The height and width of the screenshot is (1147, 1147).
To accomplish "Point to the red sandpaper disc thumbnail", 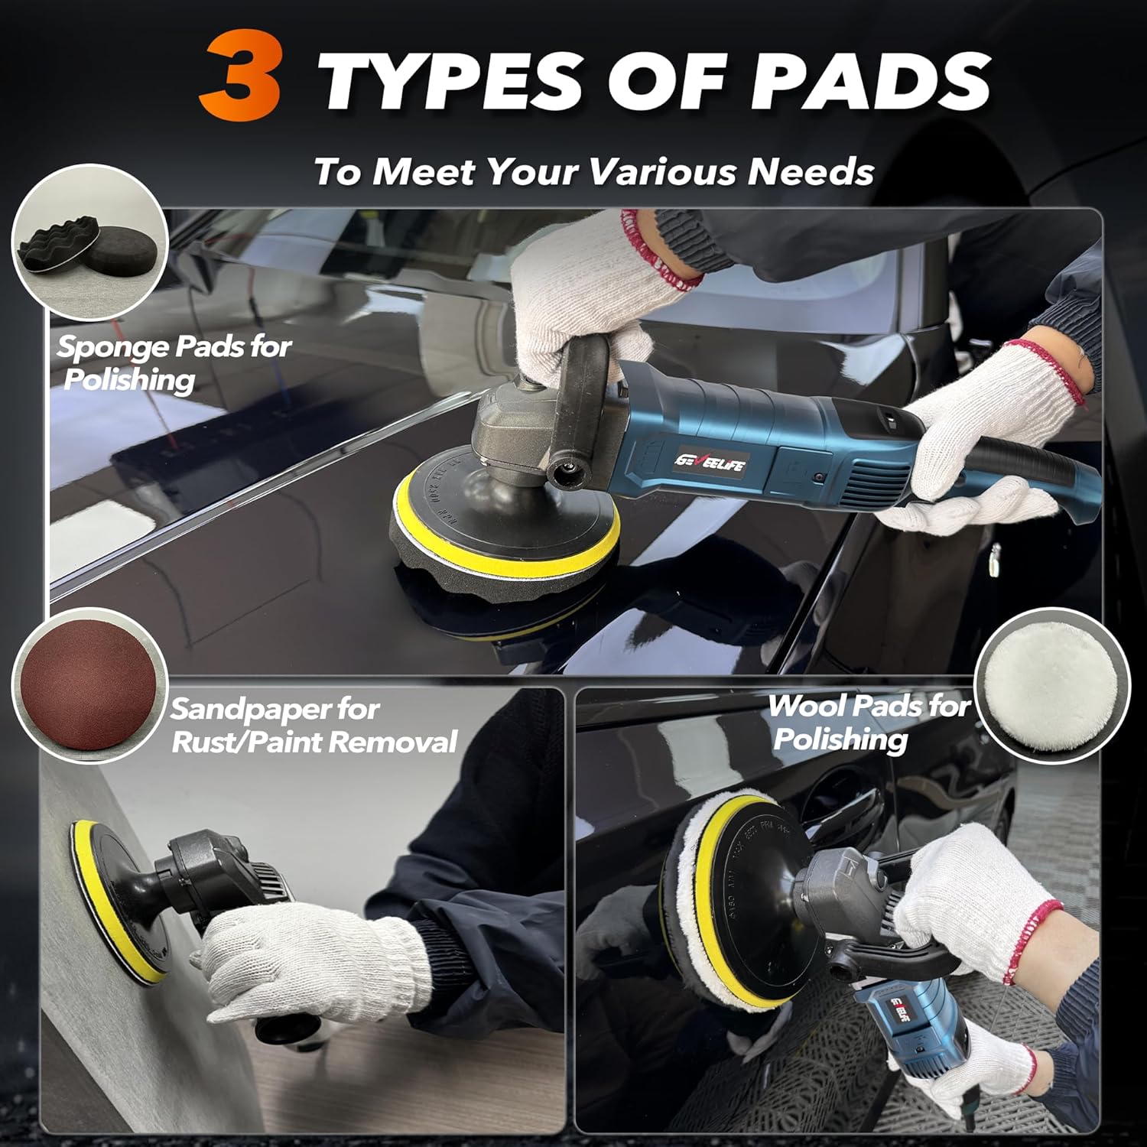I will click(x=89, y=685).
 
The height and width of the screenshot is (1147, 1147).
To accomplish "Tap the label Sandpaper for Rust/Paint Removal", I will click(x=314, y=725).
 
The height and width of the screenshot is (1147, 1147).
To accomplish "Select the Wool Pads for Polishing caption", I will click(x=868, y=721).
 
